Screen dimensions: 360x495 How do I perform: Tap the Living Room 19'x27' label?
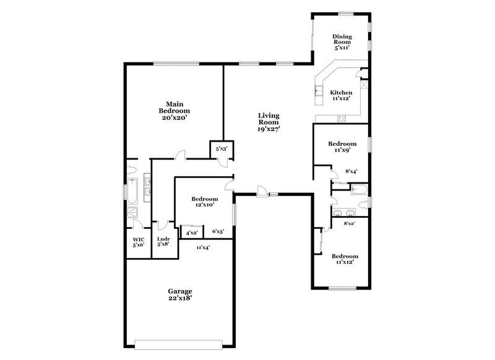coord(269,122)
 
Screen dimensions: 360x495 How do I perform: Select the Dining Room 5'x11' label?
coord(342,41)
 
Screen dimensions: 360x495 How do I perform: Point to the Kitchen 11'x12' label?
coord(341,96)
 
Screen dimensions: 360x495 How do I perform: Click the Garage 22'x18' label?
coord(180,294)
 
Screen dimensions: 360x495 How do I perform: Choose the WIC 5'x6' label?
coord(139,242)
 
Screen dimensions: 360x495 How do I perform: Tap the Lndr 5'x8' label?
coord(163,242)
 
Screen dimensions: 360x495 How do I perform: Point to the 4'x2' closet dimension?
coord(192,233)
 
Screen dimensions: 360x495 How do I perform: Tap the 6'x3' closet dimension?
coord(218,232)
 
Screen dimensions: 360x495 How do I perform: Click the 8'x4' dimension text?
coord(350,173)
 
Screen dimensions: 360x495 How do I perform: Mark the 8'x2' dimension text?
coord(349,223)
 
